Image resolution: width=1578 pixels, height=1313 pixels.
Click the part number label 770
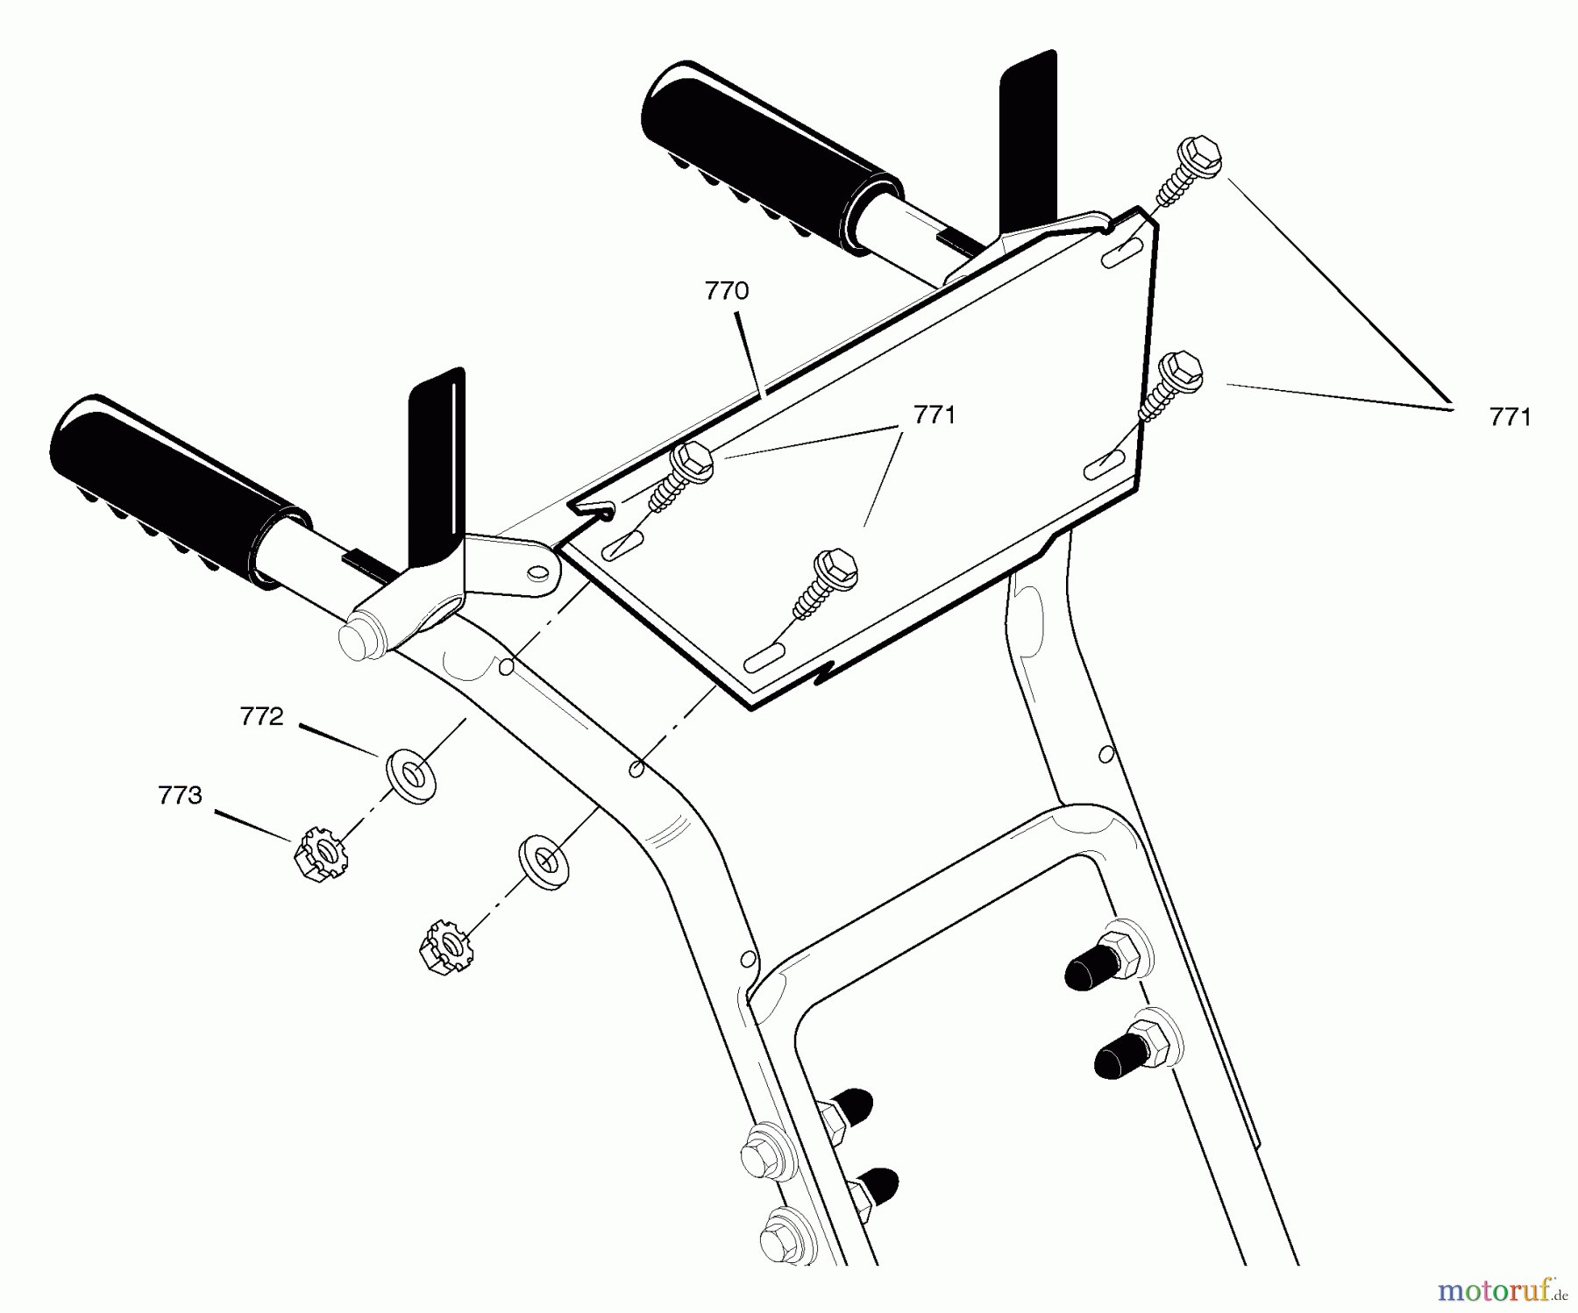click(x=727, y=291)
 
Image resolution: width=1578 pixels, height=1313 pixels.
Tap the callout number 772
click(x=262, y=717)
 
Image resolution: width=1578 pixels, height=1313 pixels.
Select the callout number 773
click(x=180, y=795)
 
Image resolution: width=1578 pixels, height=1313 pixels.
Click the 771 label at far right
click(x=1510, y=417)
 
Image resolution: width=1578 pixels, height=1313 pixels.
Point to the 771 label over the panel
click(x=935, y=415)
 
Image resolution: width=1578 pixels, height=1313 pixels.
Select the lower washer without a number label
click(x=544, y=861)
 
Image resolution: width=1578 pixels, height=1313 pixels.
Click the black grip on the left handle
click(x=180, y=491)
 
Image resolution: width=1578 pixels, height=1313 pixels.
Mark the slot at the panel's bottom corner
click(x=766, y=662)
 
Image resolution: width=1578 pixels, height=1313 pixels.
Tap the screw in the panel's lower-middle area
click(x=824, y=583)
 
